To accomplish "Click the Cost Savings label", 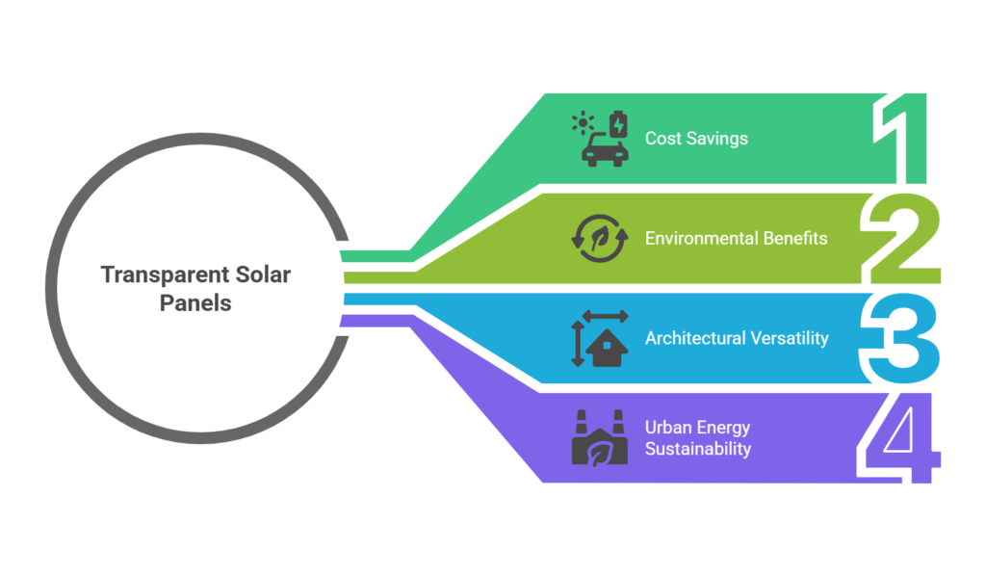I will (696, 139).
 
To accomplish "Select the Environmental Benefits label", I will (736, 238).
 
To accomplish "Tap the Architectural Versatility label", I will (737, 338).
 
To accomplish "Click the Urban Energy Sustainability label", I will (698, 438).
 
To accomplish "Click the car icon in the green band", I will (606, 150).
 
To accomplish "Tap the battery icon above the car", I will (617, 123).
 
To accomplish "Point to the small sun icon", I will (583, 122).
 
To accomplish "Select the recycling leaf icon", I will (600, 238).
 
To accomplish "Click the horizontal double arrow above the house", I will (605, 316).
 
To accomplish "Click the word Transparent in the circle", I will (149, 275).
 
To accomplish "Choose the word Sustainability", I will (698, 449).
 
